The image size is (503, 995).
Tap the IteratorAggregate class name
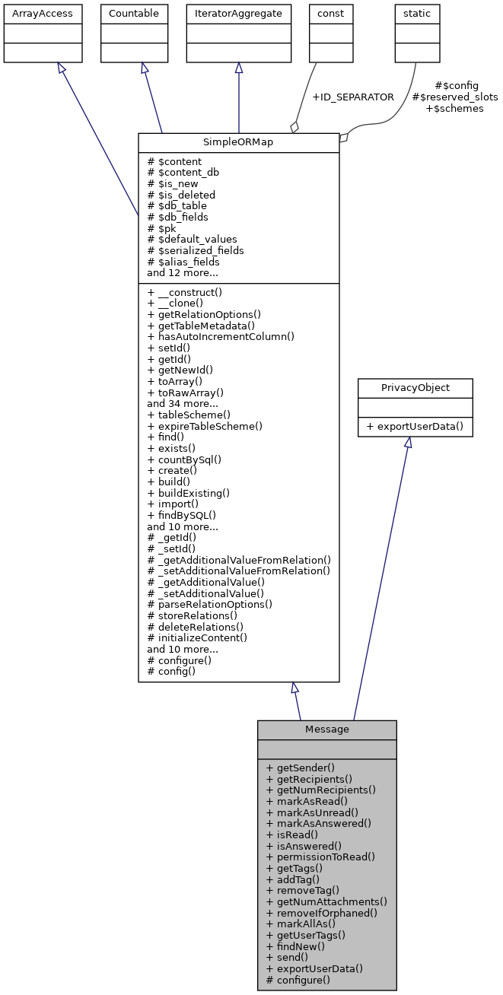click(238, 14)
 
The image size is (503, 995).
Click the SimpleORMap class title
click(238, 143)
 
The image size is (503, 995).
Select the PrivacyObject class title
click(415, 388)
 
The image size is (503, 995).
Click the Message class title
click(326, 730)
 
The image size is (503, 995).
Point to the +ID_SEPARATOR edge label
click(353, 97)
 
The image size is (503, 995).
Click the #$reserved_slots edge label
click(455, 97)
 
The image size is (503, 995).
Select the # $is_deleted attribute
click(181, 195)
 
